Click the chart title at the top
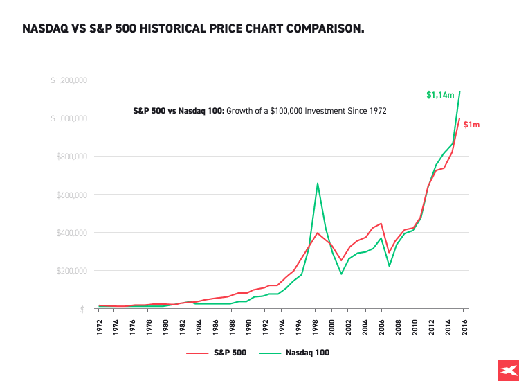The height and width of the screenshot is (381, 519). click(193, 29)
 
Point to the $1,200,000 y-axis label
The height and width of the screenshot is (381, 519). click(69, 80)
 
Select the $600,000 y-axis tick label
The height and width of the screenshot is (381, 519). click(71, 195)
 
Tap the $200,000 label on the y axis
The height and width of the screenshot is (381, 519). click(71, 271)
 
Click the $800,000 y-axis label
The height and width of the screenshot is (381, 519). click(71, 157)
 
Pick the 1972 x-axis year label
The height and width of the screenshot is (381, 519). click(100, 326)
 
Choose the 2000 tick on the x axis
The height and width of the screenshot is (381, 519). click(332, 326)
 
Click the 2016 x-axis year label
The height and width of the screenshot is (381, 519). click(465, 326)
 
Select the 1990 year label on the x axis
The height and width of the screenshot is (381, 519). click(249, 326)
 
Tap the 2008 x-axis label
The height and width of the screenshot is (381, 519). click(399, 326)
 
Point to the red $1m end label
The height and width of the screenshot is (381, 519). click(472, 125)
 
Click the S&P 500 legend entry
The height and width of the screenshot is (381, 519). click(215, 353)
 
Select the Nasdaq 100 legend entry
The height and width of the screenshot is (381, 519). click(295, 353)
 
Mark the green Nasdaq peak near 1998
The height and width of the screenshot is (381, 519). click(317, 184)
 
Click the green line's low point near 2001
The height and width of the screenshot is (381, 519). click(341, 274)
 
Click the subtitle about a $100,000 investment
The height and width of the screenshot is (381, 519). click(259, 110)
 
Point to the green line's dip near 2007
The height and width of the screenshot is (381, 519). click(389, 266)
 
